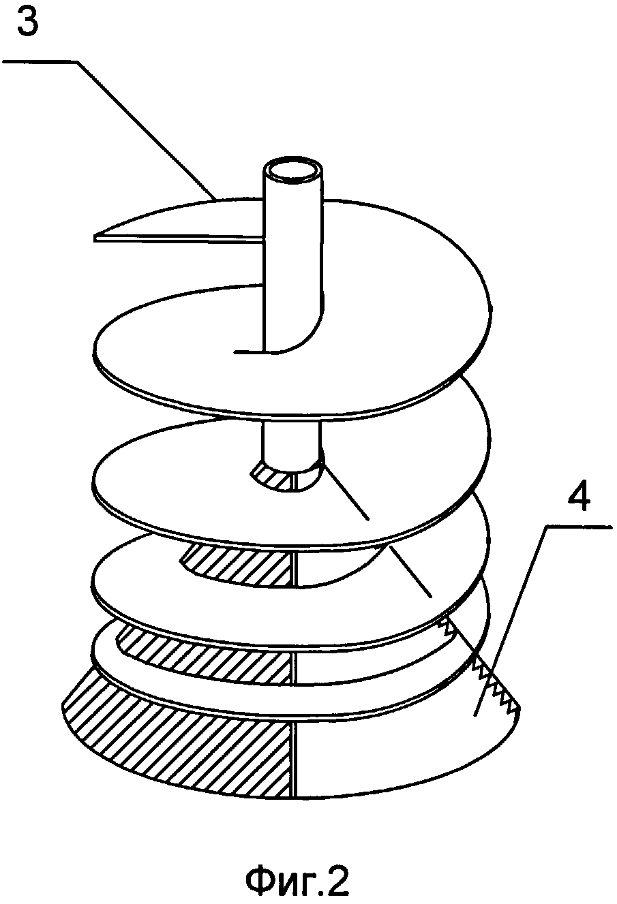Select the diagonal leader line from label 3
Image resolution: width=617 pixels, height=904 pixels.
point(146,129)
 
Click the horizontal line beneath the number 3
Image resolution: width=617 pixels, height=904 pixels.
point(41,61)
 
